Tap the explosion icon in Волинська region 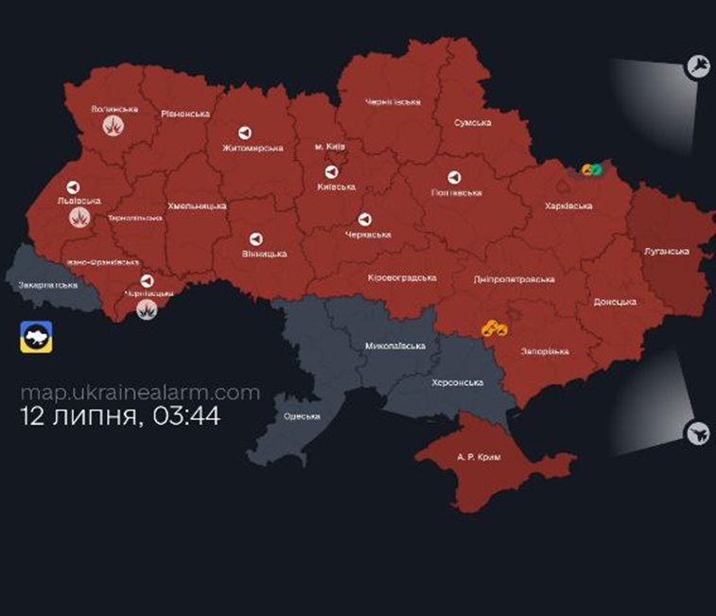click(115, 126)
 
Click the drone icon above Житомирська click(243, 132)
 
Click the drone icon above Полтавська click(454, 177)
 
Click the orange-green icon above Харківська click(592, 169)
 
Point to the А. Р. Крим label click(478, 456)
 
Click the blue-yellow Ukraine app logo click(36, 337)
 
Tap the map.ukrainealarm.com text click(140, 392)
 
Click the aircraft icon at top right click(698, 65)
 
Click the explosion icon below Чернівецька click(147, 309)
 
